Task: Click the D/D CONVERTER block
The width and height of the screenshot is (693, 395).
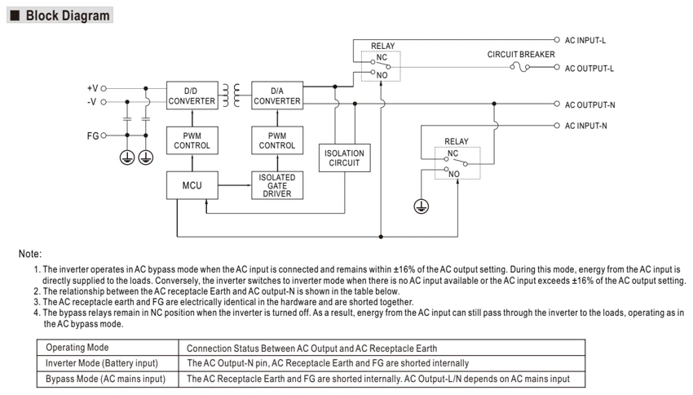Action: [x=192, y=95]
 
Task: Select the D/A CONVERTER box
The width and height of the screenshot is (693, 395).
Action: [x=277, y=95]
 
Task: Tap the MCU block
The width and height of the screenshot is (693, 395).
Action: [x=192, y=185]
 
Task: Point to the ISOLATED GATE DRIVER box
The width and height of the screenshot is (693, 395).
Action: [x=277, y=185]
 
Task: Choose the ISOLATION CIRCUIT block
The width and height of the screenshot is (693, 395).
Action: [x=344, y=158]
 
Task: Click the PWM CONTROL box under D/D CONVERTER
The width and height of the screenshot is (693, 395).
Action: [x=192, y=140]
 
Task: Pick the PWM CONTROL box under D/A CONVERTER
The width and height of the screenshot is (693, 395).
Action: [x=277, y=140]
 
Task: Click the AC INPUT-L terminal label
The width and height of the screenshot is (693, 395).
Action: [x=585, y=40]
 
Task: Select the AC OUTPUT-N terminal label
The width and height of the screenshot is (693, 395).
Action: [x=589, y=104]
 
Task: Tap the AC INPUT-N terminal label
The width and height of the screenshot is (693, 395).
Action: [x=585, y=126]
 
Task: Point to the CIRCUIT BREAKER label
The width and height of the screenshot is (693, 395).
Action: [x=521, y=55]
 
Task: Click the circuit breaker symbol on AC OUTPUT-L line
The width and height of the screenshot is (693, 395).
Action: [x=520, y=67]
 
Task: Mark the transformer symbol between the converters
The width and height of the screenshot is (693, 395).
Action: [x=231, y=95]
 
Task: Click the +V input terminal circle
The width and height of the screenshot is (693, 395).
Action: [x=104, y=88]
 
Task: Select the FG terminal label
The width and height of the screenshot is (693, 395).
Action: [x=93, y=135]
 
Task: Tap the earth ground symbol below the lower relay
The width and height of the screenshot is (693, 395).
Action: [x=422, y=206]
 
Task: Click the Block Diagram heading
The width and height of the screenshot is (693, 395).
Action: [x=67, y=16]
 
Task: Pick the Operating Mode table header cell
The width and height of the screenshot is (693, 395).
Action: [x=108, y=348]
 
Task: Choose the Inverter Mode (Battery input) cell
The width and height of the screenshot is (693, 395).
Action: [x=108, y=363]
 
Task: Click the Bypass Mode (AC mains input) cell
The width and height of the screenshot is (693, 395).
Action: [x=108, y=379]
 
